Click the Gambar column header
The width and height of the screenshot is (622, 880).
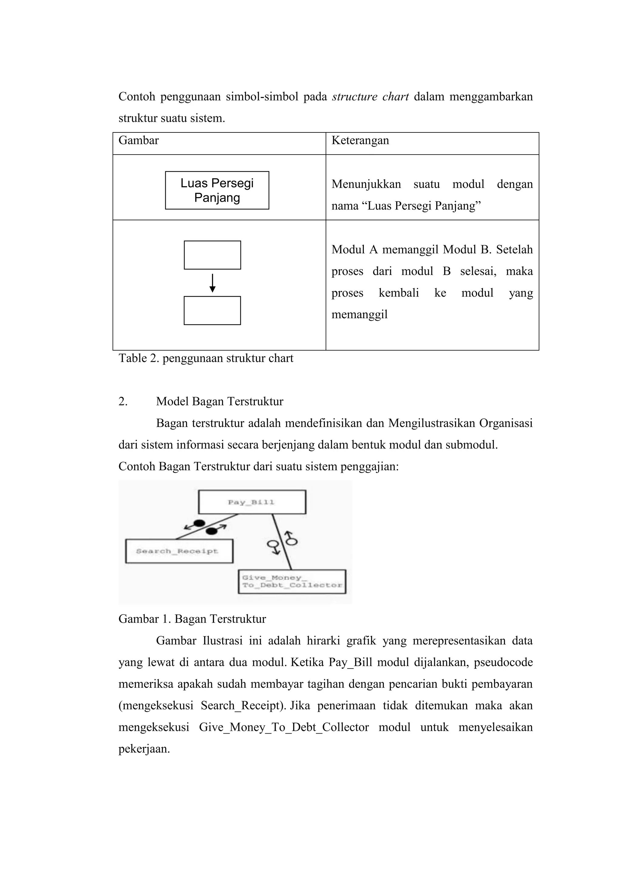coord(139,141)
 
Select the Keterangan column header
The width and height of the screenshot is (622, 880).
coord(360,141)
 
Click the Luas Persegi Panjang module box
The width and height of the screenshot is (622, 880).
coord(217,190)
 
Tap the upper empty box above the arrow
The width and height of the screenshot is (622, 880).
coord(212,255)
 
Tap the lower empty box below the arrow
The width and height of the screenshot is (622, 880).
coord(212,310)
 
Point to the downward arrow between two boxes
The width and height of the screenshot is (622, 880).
coord(212,283)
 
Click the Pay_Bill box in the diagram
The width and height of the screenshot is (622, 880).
coord(252,502)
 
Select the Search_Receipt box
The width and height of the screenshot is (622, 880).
coord(179,551)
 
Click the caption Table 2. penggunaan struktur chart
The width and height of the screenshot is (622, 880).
coord(206,358)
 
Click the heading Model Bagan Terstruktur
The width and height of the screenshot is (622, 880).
coord(220,402)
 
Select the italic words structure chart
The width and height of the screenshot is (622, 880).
coord(370,97)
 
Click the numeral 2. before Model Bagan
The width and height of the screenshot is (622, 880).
coord(123,402)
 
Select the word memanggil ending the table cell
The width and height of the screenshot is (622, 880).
coord(360,315)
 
